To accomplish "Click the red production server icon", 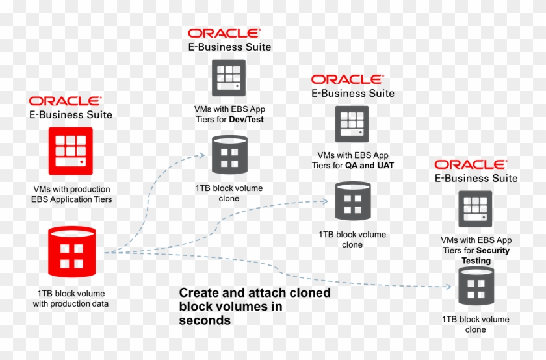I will (x=70, y=151).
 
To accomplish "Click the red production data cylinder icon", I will (x=71, y=251).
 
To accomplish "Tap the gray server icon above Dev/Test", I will (x=229, y=78).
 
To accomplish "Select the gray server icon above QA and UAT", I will (x=352, y=124).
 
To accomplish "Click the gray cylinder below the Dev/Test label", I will (x=229, y=155).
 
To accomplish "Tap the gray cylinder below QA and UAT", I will (x=352, y=201).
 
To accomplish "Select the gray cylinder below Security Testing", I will (x=476, y=287).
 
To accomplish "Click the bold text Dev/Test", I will (x=246, y=120).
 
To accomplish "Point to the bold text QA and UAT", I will (x=369, y=165).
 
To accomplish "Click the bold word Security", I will (x=493, y=250).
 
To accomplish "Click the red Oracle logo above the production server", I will (x=65, y=101).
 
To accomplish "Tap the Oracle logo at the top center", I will (x=224, y=33).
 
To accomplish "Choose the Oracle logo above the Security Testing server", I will (x=470, y=164).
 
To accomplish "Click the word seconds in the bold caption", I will (x=205, y=320).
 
